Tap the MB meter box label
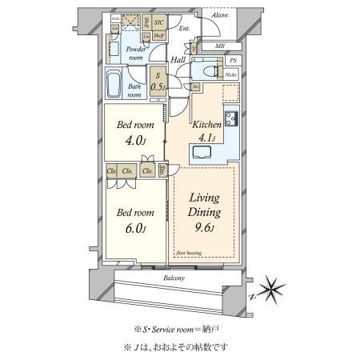220,46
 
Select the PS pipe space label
233,61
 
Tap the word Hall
180,58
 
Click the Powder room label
137,53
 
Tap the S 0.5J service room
160,82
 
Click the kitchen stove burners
232,119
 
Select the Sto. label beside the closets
162,170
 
